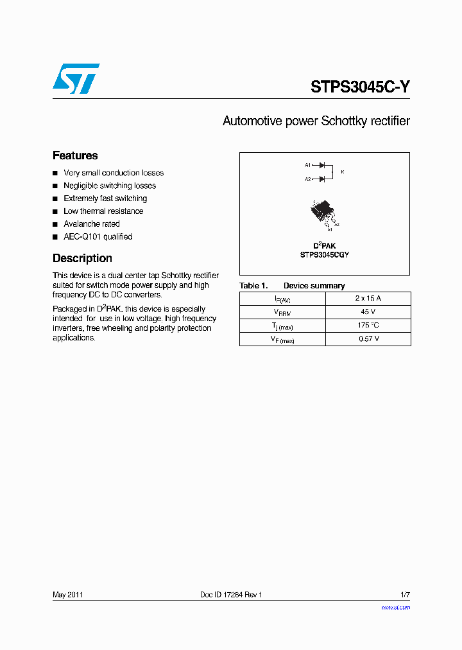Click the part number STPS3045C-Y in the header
[x=360, y=87]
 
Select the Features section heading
[x=75, y=155]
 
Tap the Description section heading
[x=82, y=258]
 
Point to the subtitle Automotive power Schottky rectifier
[x=316, y=121]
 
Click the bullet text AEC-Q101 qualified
[x=98, y=236]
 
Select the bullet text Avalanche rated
[x=91, y=224]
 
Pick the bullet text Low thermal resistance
[x=103, y=211]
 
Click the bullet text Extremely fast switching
[x=105, y=198]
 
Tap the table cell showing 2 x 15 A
[x=368, y=298]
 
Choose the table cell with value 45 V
[x=368, y=312]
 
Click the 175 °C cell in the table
[x=368, y=325]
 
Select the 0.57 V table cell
[x=368, y=338]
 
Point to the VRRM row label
[x=282, y=312]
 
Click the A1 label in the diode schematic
[x=307, y=165]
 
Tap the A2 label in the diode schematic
[x=307, y=179]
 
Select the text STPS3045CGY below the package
[x=324, y=255]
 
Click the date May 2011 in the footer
[x=67, y=595]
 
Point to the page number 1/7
[x=404, y=595]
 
